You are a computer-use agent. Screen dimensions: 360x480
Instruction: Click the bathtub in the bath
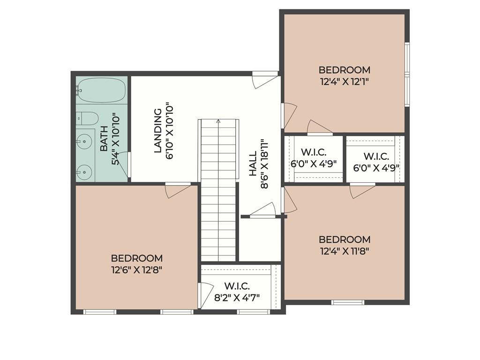tap(101, 90)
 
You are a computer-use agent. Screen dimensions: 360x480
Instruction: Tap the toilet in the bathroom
tap(88, 118)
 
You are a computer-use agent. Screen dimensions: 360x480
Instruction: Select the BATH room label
tap(104, 139)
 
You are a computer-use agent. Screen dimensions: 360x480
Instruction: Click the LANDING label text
tap(158, 131)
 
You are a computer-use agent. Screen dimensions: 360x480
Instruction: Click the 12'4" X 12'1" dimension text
tap(345, 81)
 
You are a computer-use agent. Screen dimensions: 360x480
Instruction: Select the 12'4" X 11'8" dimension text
tap(345, 250)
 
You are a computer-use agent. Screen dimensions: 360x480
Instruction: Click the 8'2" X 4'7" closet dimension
tap(236, 297)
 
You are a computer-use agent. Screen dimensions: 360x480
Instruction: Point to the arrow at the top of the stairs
tap(218, 121)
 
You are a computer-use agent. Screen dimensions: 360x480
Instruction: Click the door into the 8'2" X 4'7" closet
tap(205, 295)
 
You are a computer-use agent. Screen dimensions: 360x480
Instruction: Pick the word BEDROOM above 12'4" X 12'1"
tap(345, 70)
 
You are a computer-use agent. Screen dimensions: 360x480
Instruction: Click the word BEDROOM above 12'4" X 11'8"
tap(345, 239)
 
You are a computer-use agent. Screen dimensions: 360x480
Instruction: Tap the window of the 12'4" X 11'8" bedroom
tap(347, 302)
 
